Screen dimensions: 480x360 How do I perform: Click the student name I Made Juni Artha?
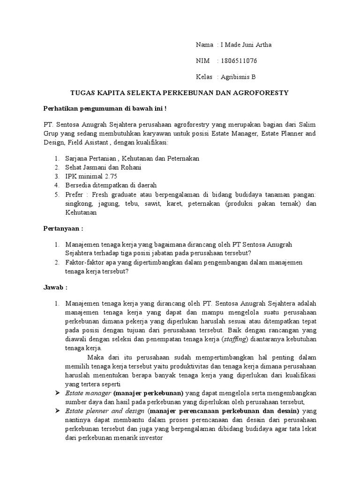coord(246,45)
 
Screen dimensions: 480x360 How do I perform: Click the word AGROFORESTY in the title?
coord(263,93)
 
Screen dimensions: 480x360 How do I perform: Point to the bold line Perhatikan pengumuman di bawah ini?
coord(105,109)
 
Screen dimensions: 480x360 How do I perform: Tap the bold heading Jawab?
coord(52,287)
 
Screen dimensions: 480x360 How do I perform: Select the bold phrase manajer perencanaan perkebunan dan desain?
coord(225,410)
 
